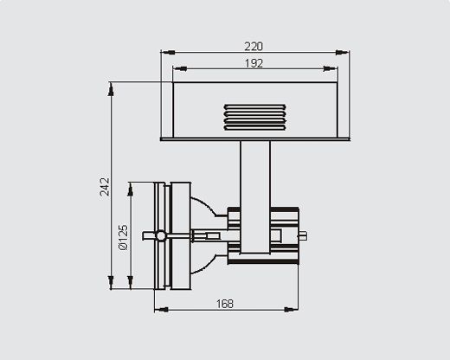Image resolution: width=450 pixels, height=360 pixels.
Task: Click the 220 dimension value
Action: click(254, 47)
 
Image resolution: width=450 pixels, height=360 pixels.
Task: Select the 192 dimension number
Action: click(254, 63)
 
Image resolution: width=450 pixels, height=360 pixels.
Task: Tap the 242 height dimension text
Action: click(105, 187)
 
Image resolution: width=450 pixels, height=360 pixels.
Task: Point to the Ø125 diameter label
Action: click(123, 237)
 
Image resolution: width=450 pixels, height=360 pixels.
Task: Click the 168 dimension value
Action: click(225, 304)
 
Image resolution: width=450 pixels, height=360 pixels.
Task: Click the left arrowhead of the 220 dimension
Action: click(168, 52)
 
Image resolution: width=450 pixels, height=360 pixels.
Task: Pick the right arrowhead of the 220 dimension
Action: click(343, 52)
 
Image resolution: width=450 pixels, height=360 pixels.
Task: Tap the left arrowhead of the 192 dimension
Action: click(180, 68)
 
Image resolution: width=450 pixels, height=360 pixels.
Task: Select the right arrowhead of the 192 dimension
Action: click(331, 68)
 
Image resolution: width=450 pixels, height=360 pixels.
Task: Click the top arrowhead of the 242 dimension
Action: click(111, 89)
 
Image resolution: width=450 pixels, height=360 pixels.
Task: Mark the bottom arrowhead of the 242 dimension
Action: click(111, 282)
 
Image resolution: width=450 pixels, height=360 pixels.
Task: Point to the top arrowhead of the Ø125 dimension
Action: click(131, 190)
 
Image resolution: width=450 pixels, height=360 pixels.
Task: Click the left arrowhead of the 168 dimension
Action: click(162, 310)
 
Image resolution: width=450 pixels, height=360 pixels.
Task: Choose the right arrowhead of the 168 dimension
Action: click(292, 310)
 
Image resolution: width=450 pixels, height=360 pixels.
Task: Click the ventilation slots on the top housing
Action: click(255, 118)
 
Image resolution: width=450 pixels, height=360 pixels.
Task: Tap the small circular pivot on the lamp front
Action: click(161, 236)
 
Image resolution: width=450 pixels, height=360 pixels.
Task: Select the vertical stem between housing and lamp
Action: click(255, 197)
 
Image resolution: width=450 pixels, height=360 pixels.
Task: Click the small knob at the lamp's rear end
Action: click(302, 236)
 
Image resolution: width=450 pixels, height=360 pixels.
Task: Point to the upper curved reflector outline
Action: click(204, 205)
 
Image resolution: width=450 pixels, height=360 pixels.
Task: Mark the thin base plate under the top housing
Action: click(255, 139)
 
